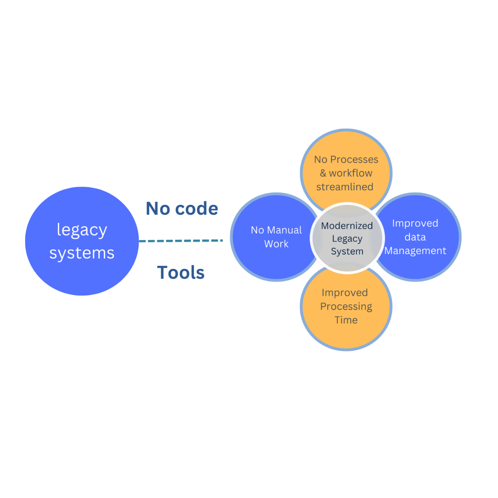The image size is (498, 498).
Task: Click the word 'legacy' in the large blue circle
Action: click(x=82, y=230)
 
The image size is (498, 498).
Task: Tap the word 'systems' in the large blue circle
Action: click(x=82, y=253)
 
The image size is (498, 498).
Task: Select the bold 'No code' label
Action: click(x=182, y=208)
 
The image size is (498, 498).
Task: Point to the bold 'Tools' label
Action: click(x=181, y=272)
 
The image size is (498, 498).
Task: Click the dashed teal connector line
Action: click(x=181, y=241)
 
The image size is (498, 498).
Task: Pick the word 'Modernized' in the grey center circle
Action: click(x=347, y=226)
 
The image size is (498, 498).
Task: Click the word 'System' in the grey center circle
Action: click(x=347, y=251)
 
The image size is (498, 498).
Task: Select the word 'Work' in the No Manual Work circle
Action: click(x=276, y=244)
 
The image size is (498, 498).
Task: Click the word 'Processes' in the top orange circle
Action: click(x=354, y=159)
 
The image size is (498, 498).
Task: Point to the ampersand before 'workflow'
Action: click(x=323, y=173)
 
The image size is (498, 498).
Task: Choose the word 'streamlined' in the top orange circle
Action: click(x=345, y=187)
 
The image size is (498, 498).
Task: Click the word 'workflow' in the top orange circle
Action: click(x=350, y=173)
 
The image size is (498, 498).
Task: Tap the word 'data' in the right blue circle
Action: click(x=415, y=237)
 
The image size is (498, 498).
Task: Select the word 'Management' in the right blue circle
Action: click(x=415, y=251)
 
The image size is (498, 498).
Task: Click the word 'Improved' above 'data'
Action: click(x=415, y=223)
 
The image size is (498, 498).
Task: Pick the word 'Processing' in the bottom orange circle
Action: click(x=346, y=307)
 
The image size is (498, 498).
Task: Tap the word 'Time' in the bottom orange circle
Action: click(x=346, y=320)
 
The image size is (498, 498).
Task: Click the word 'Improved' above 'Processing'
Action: click(x=345, y=293)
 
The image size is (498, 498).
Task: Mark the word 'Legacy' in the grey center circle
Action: click(x=347, y=239)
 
